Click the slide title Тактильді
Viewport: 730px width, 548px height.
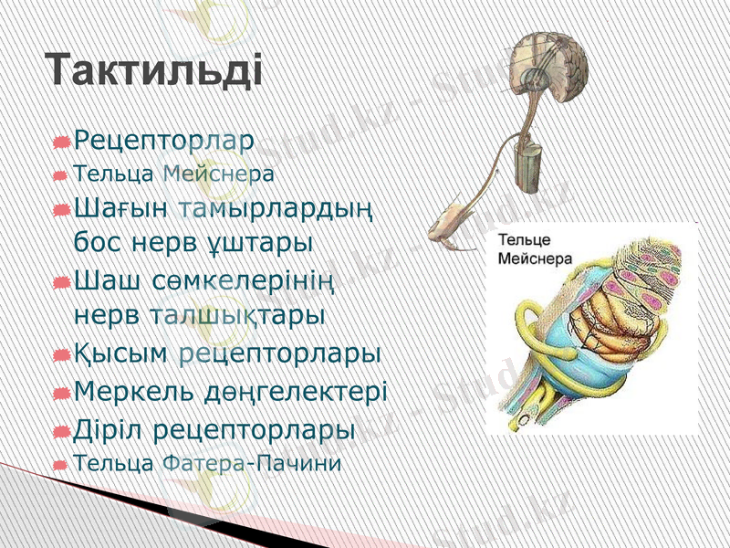pos(154,69)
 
